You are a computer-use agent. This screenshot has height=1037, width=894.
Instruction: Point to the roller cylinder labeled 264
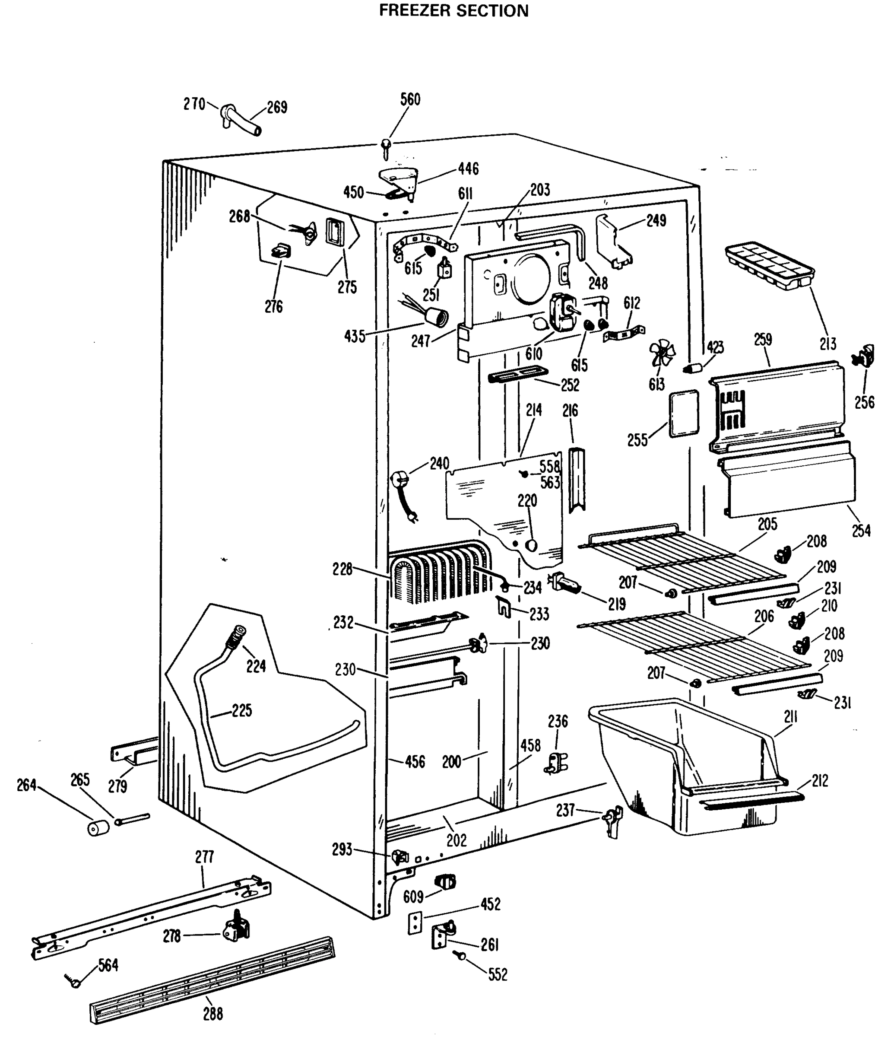(98, 828)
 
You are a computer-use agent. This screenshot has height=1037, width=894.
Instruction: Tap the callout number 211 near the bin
(790, 717)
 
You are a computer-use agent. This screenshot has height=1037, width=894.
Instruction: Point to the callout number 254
(861, 531)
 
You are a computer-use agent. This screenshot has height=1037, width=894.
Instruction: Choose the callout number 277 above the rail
(204, 857)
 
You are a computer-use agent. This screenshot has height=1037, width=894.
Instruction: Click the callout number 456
(415, 762)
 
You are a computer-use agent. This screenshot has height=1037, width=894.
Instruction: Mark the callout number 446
(468, 169)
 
